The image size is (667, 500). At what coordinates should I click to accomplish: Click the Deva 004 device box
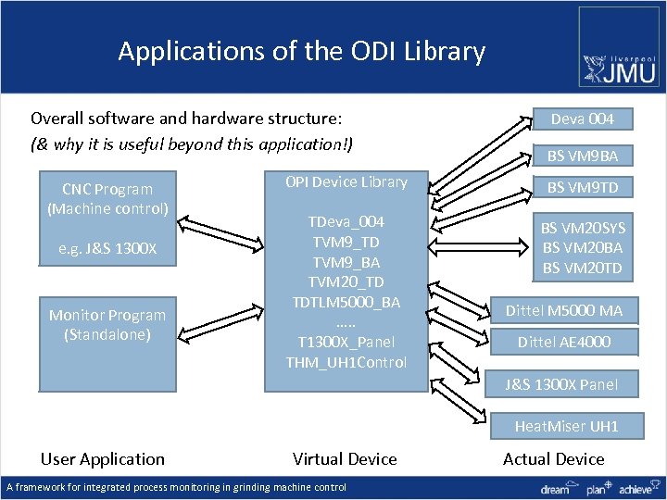point(582,119)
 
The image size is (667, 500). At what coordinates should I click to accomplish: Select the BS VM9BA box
point(582,155)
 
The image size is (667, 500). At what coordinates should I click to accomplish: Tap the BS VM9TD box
point(582,188)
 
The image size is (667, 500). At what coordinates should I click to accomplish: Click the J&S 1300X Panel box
point(573,384)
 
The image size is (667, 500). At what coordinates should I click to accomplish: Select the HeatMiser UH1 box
point(566,426)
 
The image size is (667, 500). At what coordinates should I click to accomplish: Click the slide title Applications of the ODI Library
point(301,51)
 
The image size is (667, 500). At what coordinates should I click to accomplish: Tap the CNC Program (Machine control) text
point(107,198)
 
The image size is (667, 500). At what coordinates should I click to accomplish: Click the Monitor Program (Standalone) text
point(107,324)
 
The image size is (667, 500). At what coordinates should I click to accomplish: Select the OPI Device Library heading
point(346,181)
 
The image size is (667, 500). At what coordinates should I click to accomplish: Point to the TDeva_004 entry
point(346,222)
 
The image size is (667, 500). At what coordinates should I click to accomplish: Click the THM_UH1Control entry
point(346,361)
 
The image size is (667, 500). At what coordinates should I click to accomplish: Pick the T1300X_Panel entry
point(346,342)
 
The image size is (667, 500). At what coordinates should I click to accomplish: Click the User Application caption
point(103,458)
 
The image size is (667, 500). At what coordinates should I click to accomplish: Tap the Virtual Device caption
point(345,458)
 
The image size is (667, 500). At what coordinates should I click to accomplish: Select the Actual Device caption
point(553,458)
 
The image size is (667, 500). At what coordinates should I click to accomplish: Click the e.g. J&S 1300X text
point(107,249)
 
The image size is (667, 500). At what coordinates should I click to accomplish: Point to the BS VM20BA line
point(582,247)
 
